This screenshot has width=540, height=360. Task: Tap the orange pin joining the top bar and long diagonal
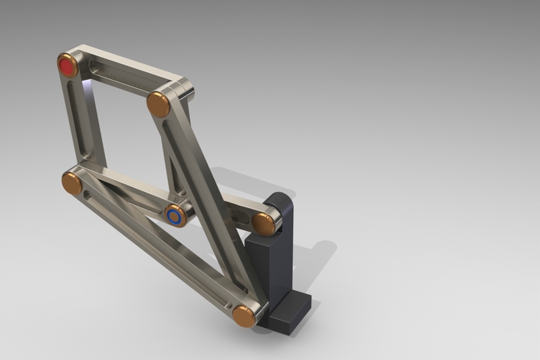[x=159, y=104]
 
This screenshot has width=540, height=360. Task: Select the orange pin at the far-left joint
[x=72, y=183]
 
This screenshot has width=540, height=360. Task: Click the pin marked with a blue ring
[x=176, y=216]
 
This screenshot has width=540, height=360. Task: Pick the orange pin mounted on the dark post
[x=264, y=223]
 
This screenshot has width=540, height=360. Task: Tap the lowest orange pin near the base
[x=245, y=315]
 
